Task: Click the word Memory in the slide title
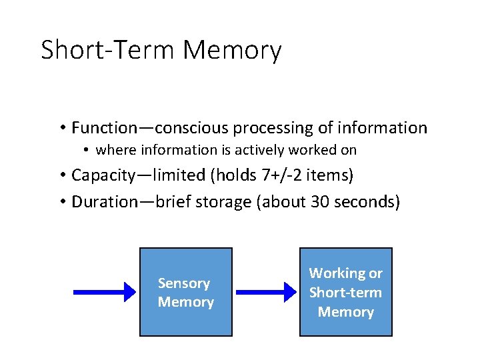(232, 51)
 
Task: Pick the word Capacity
(101, 175)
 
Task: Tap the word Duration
(101, 201)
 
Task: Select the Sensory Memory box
(185, 292)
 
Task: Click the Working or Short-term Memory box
(345, 292)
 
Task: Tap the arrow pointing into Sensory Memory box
(104, 292)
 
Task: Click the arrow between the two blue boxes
(266, 292)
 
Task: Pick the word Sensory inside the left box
(184, 283)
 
